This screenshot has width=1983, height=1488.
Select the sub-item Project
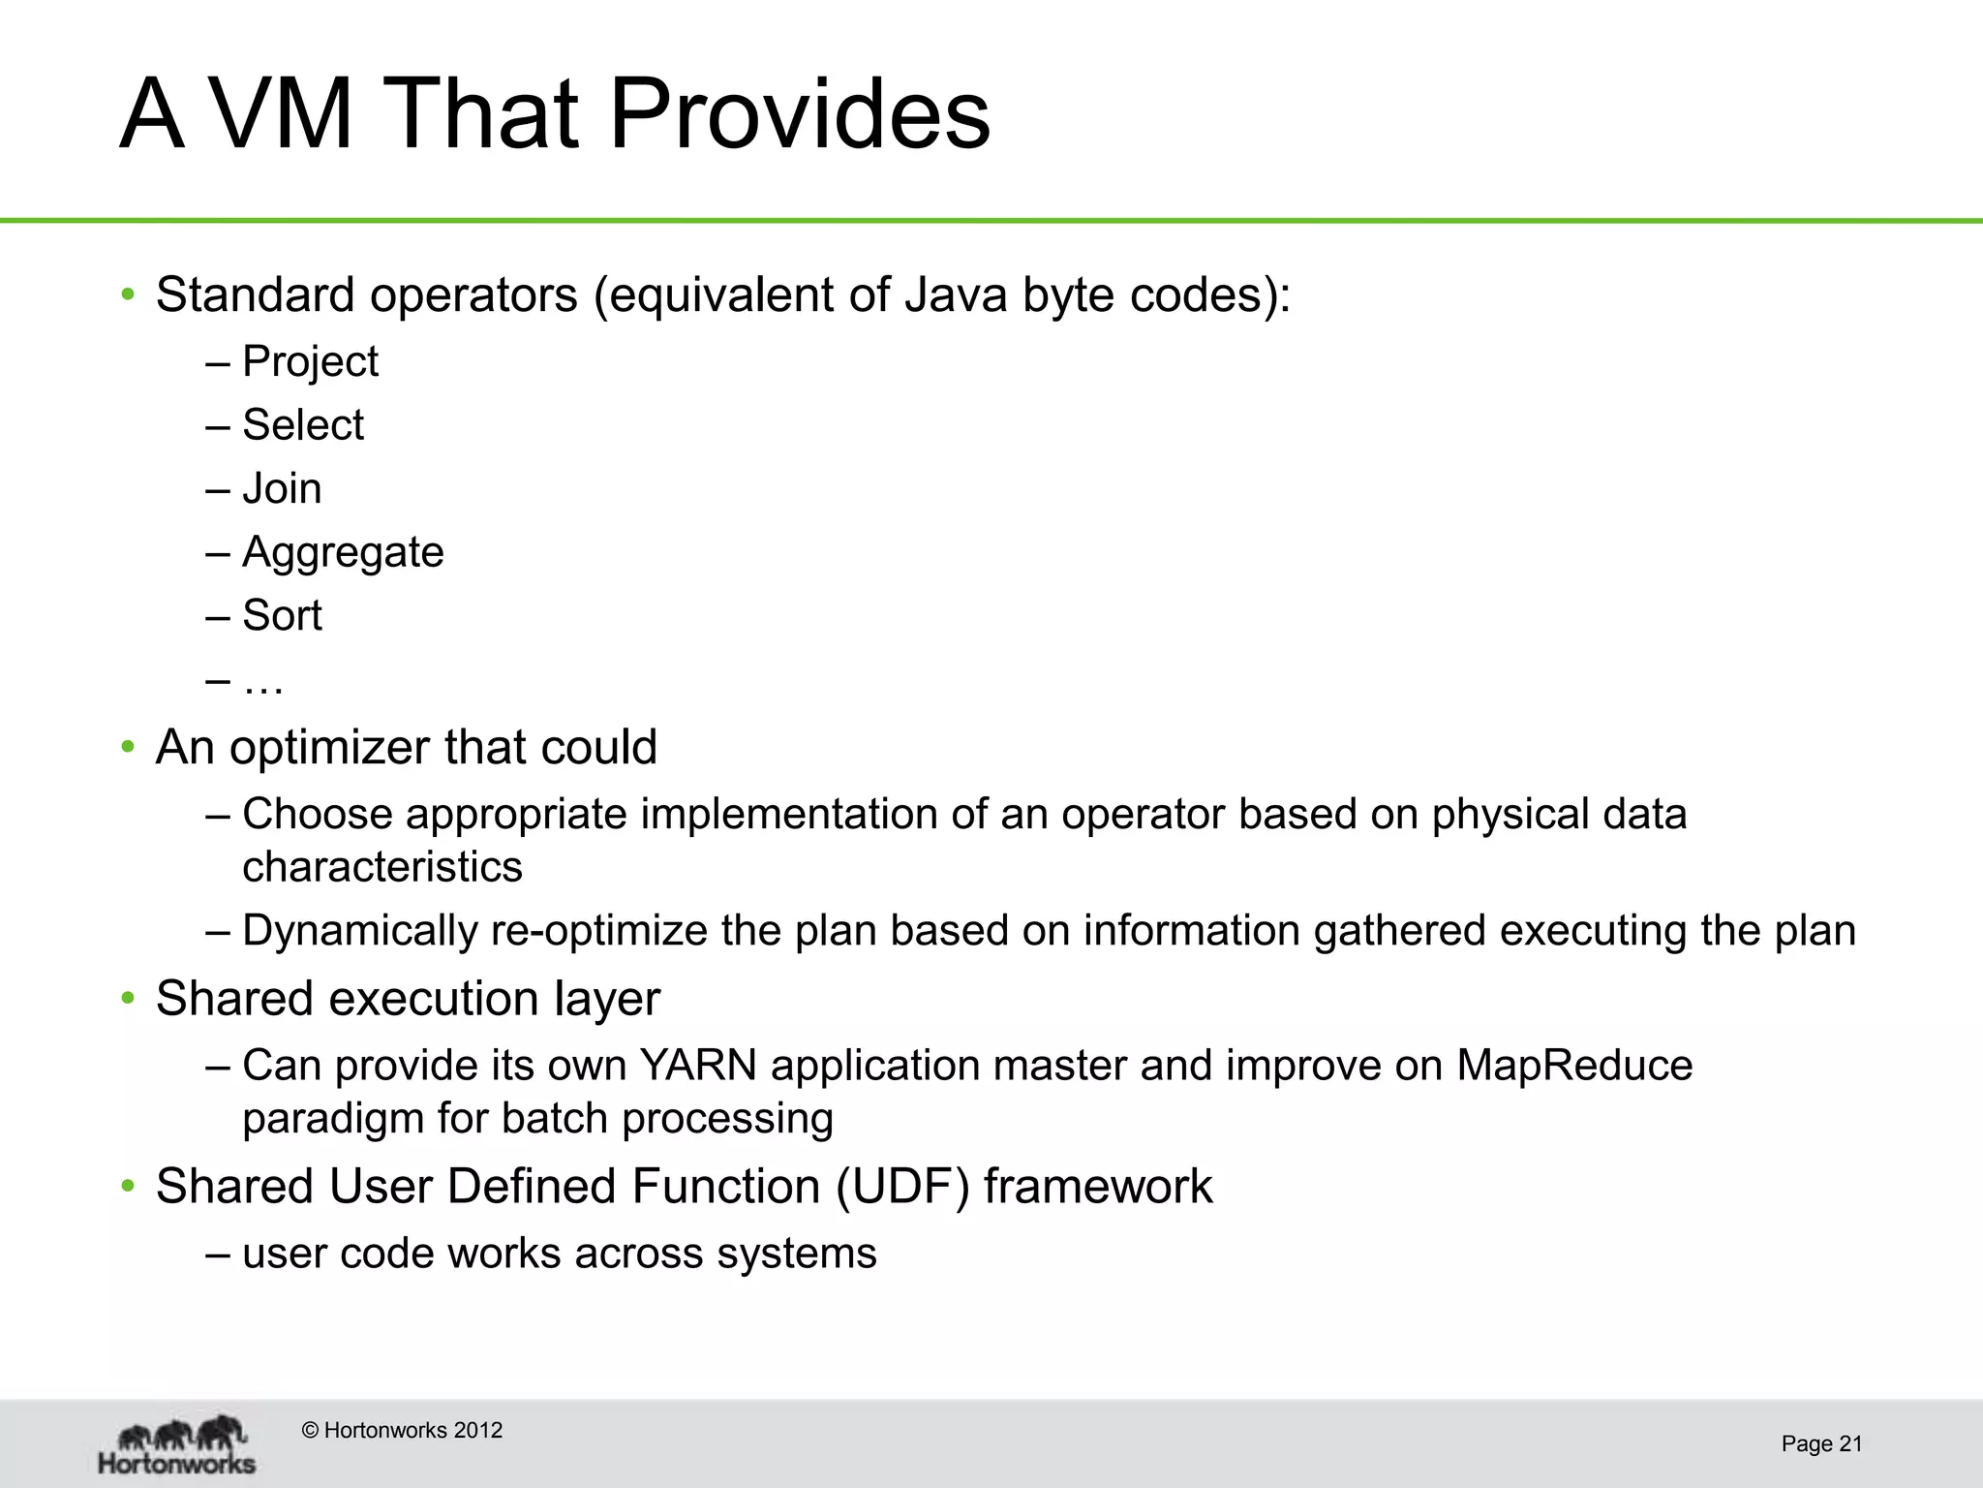[310, 361]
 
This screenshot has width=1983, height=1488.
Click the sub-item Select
[303, 424]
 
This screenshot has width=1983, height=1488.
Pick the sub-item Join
[282, 488]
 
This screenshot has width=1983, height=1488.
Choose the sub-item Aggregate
[343, 552]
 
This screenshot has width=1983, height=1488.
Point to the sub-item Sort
[282, 615]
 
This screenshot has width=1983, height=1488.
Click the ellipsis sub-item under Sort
[262, 682]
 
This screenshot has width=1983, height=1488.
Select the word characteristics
[382, 867]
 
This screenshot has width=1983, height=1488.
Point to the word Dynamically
[359, 930]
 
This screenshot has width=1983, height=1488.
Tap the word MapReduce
[1574, 1066]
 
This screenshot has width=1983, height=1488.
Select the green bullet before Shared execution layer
[127, 999]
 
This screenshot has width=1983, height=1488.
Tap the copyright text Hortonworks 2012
[403, 1430]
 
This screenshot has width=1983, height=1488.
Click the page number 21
[1850, 1444]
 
